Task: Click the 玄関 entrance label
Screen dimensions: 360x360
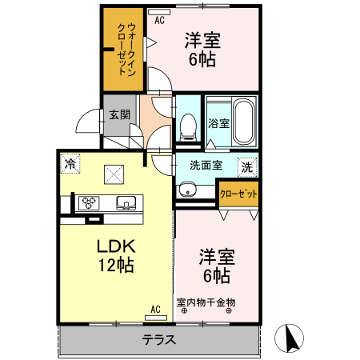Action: pos(119,114)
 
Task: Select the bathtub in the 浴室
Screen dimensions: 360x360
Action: pos(243,122)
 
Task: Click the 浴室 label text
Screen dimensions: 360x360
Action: pos(218,123)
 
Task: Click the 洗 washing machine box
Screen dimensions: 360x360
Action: pos(248,167)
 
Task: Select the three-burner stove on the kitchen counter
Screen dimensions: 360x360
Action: pos(87,202)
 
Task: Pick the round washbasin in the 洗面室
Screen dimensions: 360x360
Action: pos(188,190)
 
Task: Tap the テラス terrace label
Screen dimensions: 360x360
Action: pos(158,338)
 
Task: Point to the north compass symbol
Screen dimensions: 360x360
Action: pos(292,339)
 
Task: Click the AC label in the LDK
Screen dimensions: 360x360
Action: pos(156,308)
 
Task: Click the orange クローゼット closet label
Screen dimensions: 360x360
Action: pos(238,194)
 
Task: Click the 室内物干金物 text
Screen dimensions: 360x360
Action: pos(206,302)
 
